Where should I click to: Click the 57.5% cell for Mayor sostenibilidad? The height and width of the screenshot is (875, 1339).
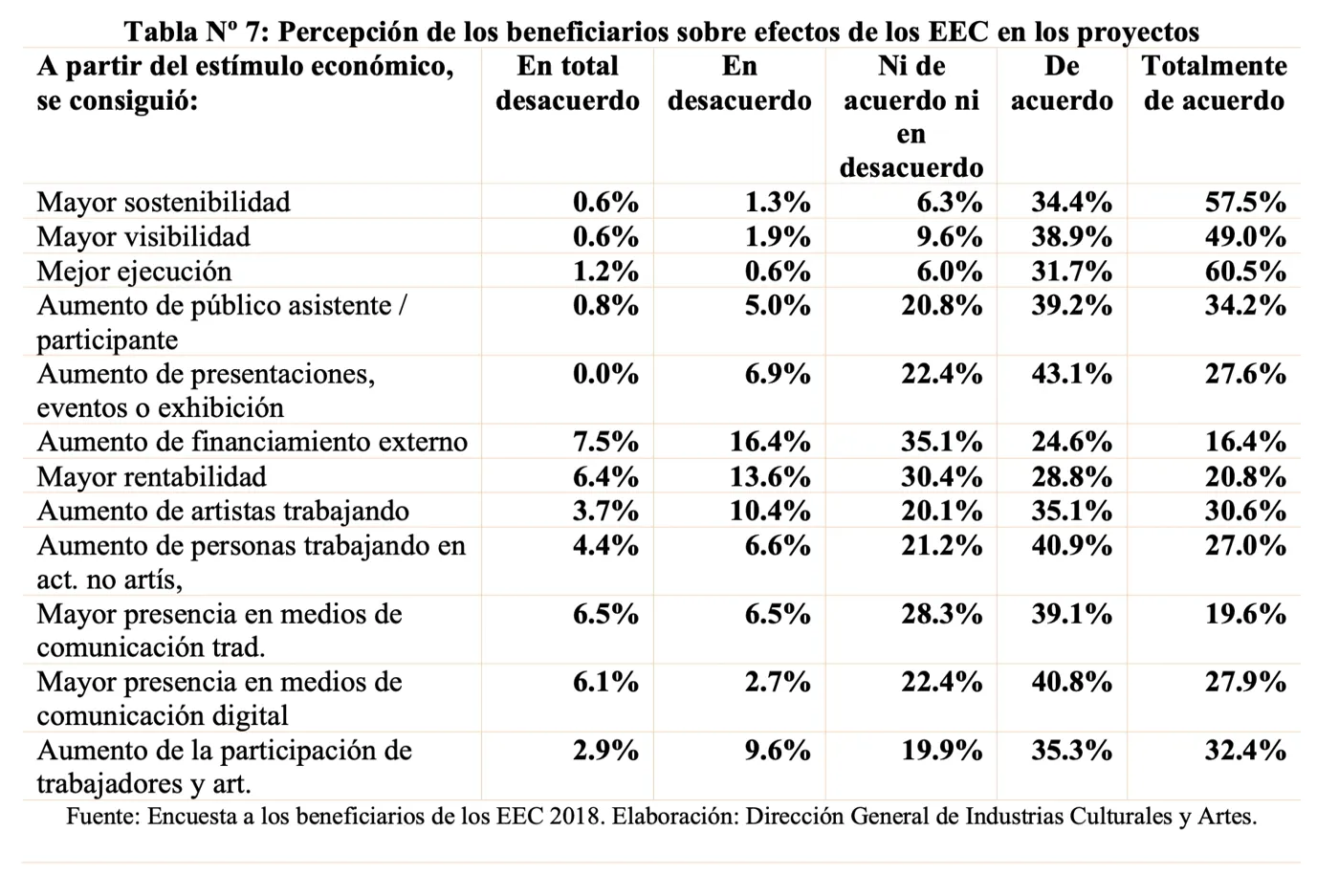[x=1245, y=203]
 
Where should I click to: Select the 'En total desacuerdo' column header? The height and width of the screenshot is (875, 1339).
[x=567, y=83]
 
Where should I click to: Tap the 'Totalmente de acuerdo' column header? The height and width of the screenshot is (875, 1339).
[x=1214, y=83]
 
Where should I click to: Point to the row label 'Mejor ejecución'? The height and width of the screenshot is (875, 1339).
[x=134, y=272]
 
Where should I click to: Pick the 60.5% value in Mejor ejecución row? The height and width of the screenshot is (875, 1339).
[x=1245, y=272]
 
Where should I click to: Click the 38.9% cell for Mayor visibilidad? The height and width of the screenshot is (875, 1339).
[x=1071, y=237]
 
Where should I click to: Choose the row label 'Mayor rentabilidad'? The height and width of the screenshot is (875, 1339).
[x=152, y=477]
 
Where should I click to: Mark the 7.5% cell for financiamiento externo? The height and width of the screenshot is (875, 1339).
[x=605, y=442]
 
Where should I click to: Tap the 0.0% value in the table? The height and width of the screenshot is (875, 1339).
[x=605, y=375]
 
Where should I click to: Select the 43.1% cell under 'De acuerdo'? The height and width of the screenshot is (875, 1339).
[x=1071, y=375]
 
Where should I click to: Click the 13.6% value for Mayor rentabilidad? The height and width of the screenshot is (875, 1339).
[x=770, y=477]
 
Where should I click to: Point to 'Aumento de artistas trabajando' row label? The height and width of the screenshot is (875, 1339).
[x=223, y=512]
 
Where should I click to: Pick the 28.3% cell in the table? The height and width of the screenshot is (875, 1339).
[x=941, y=614]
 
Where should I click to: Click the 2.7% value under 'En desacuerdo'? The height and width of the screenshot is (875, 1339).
[x=777, y=683]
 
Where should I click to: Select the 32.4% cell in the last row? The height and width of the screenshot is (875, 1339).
[x=1245, y=751]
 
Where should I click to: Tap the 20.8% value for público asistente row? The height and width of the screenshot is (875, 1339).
[x=941, y=306]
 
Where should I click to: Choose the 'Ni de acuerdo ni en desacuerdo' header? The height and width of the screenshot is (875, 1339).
[x=911, y=117]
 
